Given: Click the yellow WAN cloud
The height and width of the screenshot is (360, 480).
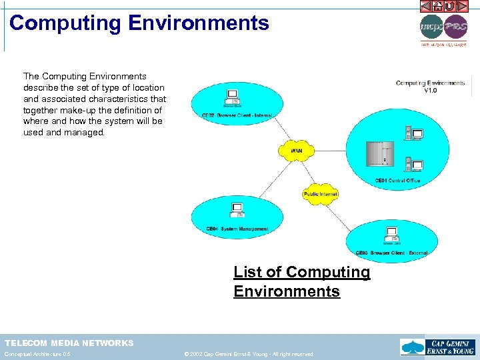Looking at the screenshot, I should point(296,150).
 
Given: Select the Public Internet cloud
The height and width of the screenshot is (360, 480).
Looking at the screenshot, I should point(321,193).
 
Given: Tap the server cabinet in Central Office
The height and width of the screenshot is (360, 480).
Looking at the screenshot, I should point(378,155).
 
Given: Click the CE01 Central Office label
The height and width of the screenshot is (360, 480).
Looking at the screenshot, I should point(397,181).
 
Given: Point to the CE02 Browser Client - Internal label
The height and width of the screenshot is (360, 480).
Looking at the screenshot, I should point(237,115).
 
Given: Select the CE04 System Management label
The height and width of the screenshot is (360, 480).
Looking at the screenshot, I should point(237,229).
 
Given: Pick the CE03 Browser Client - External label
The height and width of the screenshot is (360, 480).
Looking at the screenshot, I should point(391,253).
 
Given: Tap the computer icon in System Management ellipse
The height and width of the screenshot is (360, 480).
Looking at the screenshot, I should point(236,211).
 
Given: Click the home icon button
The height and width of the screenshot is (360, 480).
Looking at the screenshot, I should point(438,6).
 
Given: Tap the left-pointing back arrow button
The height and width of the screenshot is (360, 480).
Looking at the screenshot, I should point(426,6).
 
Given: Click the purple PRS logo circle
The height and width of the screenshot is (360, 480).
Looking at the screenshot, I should point(456,28).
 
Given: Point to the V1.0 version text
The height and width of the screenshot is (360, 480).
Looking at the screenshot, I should point(431,90).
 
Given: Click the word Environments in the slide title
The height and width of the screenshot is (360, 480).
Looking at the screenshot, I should point(199,23).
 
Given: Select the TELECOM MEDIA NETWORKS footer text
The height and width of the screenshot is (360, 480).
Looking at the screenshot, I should point(69,343).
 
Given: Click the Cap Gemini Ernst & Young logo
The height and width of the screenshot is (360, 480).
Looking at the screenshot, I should point(437,347).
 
